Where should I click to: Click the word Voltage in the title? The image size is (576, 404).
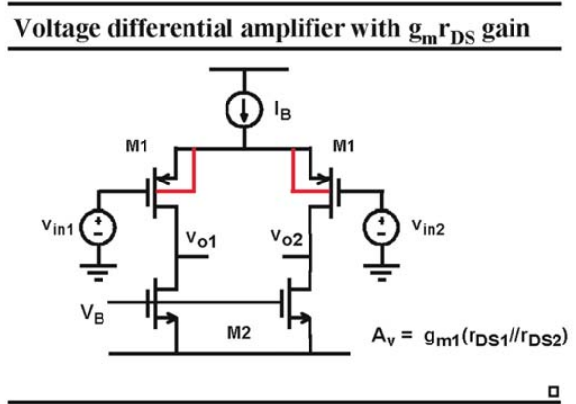57,28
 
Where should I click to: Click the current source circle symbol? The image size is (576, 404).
244,109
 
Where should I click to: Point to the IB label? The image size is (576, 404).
283,111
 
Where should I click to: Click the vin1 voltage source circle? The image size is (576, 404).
98,227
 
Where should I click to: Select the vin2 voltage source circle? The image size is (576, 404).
382,226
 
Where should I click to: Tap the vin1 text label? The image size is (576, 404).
58,226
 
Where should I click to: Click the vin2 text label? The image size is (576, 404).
429,227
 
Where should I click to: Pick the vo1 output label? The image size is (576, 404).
201,239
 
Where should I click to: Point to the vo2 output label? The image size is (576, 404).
286,238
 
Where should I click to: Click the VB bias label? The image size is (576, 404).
93,315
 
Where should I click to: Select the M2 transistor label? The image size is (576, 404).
239,333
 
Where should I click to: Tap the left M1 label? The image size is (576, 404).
137,146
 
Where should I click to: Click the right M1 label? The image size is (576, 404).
344,146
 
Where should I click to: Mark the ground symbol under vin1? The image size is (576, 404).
98,272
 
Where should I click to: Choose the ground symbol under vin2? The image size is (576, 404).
382,272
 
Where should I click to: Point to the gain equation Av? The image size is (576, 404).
470,337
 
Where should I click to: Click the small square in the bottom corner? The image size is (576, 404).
554,392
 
